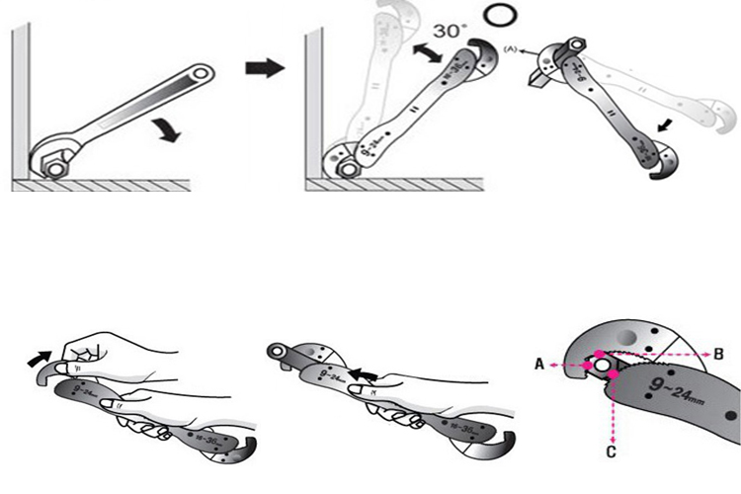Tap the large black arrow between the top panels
pyautogui.click(x=264, y=67)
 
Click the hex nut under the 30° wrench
pyautogui.click(x=347, y=167)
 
